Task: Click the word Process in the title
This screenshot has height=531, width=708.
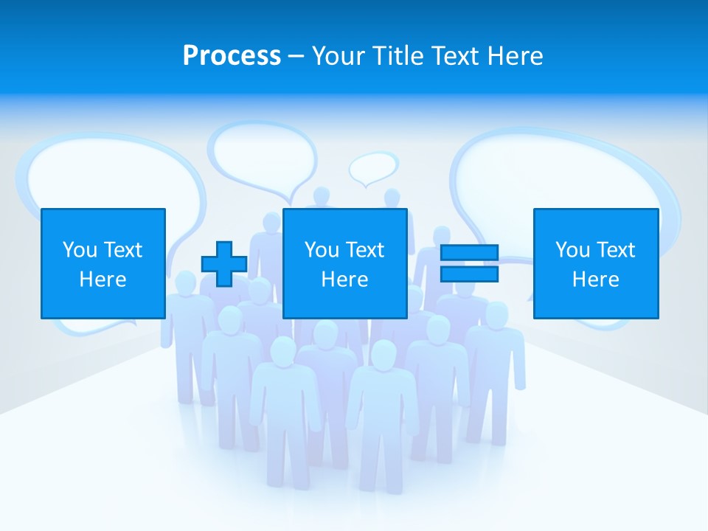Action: click(x=232, y=56)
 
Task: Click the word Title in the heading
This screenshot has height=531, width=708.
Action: click(x=397, y=56)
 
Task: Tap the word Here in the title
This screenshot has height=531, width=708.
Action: click(x=513, y=56)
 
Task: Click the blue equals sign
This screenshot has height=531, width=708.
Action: click(x=469, y=263)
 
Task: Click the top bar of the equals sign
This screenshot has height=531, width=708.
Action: click(x=469, y=253)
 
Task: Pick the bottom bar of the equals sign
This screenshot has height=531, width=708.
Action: click(x=469, y=274)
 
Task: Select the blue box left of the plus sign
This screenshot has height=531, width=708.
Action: click(x=103, y=263)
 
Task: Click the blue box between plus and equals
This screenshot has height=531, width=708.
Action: click(x=344, y=263)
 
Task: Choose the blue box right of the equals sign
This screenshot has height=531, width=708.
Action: click(x=595, y=263)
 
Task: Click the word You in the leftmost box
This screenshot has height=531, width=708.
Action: click(x=80, y=250)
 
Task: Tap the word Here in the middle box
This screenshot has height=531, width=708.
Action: click(x=344, y=280)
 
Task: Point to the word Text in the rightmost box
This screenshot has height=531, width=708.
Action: click(x=614, y=250)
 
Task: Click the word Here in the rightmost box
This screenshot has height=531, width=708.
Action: click(x=595, y=280)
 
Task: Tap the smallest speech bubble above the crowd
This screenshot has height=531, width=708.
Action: click(x=372, y=167)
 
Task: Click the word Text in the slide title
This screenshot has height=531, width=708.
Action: click(x=452, y=56)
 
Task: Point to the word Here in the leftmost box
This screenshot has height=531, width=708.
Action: click(x=103, y=280)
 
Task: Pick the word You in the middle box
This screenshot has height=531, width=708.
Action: click(x=322, y=250)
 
